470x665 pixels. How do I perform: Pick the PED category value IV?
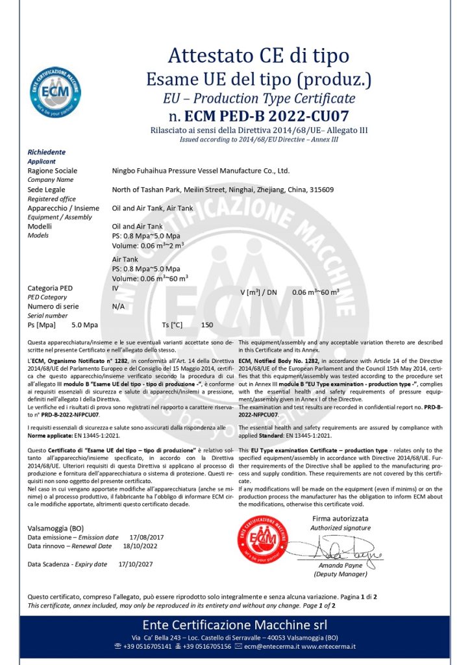click(x=116, y=286)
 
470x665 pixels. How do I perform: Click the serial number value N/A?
click(x=118, y=306)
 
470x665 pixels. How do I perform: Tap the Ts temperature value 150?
click(x=207, y=325)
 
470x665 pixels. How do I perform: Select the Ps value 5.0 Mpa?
click(x=84, y=325)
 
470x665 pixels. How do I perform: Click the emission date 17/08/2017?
click(x=147, y=537)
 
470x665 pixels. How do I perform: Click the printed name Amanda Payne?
click(x=340, y=566)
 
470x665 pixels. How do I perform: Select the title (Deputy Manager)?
click(x=340, y=574)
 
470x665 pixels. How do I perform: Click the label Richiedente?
click(x=47, y=151)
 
